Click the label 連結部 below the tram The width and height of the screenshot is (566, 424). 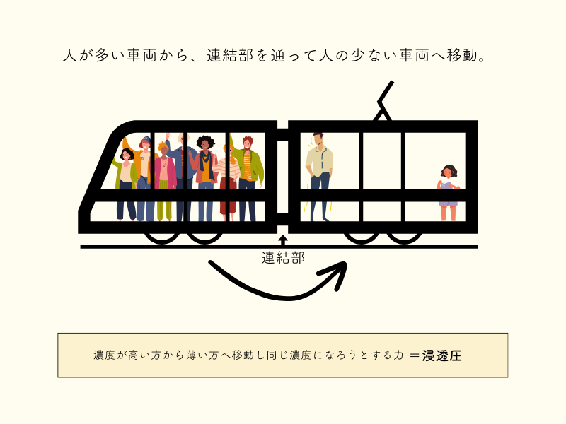(283, 258)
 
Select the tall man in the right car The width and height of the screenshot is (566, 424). (319, 173)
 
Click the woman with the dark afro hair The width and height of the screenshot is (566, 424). (206, 177)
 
